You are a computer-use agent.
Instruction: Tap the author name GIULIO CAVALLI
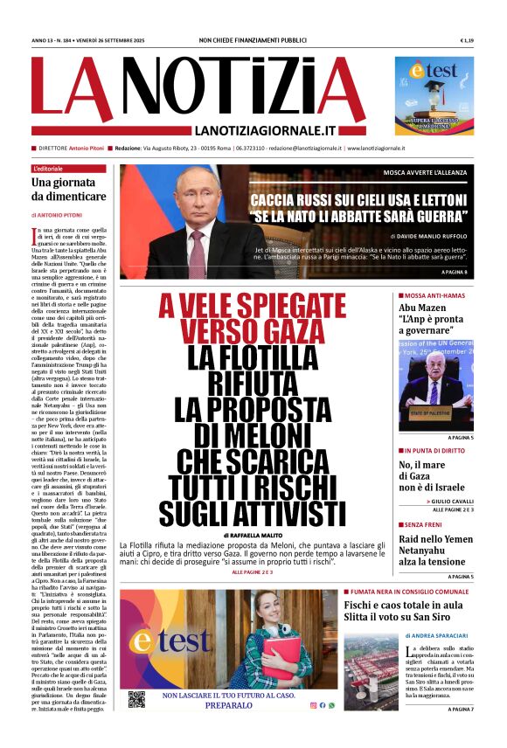pos(445,502)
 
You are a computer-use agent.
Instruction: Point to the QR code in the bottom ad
pos(136,699)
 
